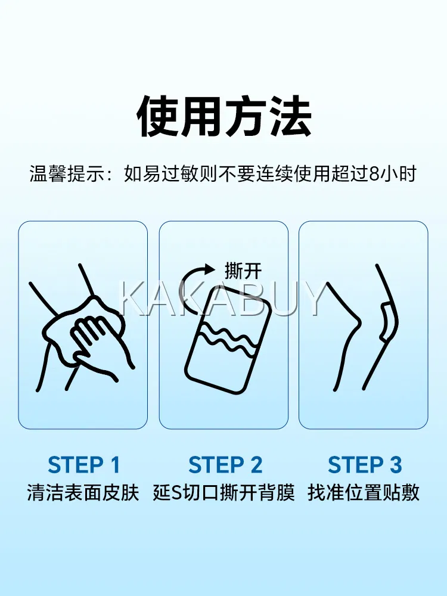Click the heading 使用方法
224,116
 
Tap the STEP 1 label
83,464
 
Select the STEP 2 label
225,464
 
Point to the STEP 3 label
365,464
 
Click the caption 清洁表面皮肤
83,493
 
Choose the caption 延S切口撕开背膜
224,493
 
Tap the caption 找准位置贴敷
364,493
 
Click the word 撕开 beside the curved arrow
243,271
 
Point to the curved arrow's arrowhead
210,269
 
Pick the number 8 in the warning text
374,174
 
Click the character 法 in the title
291,116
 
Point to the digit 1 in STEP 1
114,464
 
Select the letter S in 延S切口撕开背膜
178,493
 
